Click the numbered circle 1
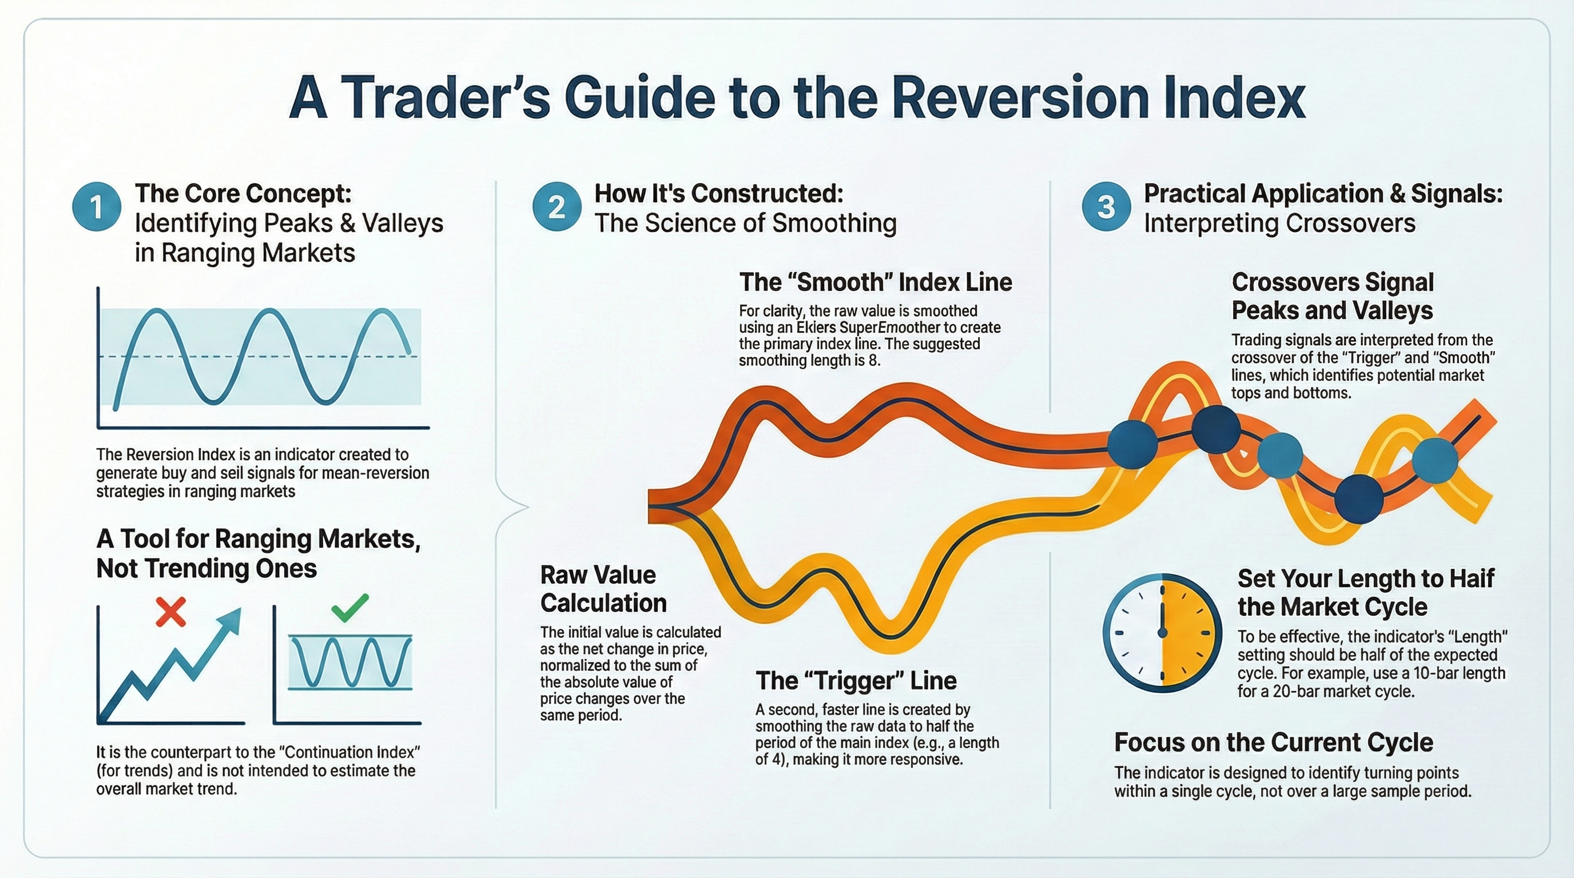tap(97, 207)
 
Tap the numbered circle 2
tap(556, 207)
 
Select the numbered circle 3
tap(1106, 207)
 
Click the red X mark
tap(170, 612)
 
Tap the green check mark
tap(350, 607)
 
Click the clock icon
tap(1163, 633)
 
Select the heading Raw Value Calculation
tap(603, 589)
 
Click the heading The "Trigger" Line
tap(856, 681)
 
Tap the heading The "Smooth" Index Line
tap(876, 282)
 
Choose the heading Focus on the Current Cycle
tap(1274, 743)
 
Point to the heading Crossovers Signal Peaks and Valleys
tap(1333, 296)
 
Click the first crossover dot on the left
tap(1132, 444)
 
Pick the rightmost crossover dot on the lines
tap(1435, 460)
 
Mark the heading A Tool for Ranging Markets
tap(259, 539)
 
